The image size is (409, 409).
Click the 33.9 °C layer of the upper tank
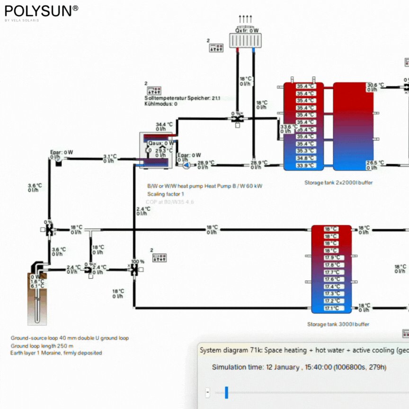pos(305,166)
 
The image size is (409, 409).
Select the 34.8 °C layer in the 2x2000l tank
pos(305,158)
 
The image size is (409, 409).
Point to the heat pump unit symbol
pos(154,151)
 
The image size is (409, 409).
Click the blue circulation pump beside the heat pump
pos(187,165)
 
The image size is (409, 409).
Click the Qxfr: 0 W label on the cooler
pos(247,30)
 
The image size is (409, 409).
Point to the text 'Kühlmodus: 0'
pos(161,104)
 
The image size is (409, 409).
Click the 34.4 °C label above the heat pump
pos(161,124)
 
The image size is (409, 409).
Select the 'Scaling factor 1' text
pos(166,194)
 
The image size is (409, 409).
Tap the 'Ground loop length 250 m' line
pos(42,346)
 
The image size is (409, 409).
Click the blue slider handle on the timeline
pos(226,392)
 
